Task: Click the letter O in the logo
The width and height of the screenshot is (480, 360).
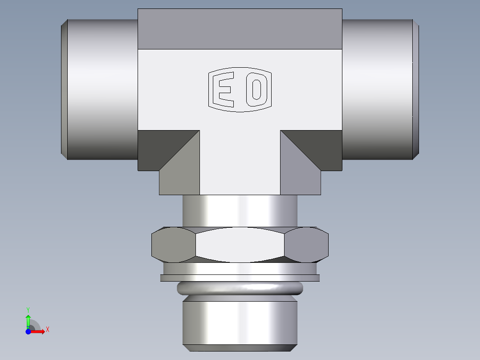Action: [256, 90]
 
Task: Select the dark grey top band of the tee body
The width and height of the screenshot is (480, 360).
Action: [240, 29]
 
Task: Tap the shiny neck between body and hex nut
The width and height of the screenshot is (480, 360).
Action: [240, 211]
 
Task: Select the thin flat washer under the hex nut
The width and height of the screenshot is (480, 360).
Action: [240, 278]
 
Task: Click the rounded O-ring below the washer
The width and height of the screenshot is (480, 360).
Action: [240, 289]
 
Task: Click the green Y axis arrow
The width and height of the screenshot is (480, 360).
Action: [28, 318]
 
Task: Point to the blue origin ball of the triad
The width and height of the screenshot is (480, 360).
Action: [28, 331]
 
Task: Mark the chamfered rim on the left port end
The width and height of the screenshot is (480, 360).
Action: [64, 89]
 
